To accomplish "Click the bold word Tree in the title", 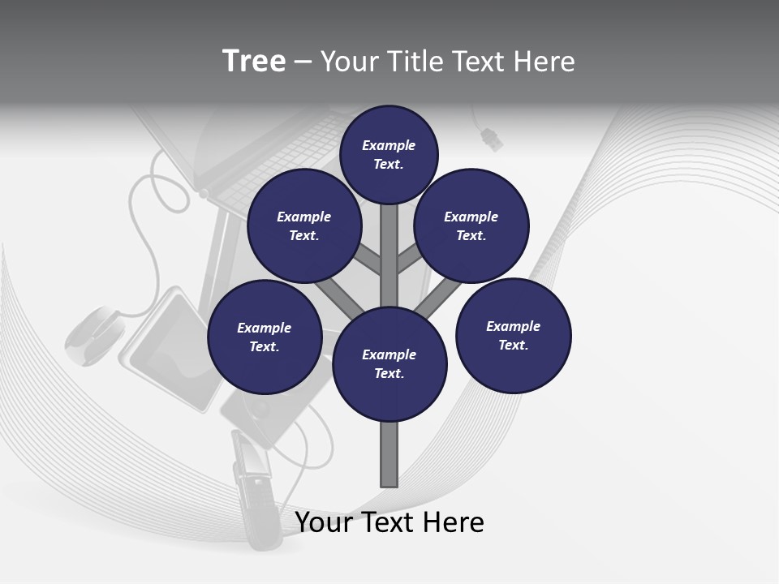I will click(x=254, y=62).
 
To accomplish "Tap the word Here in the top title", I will click(x=544, y=62).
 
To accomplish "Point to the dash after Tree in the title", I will click(x=303, y=62).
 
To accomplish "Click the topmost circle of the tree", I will click(x=389, y=154).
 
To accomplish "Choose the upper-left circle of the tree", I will click(x=304, y=225).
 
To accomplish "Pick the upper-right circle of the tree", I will click(x=471, y=225).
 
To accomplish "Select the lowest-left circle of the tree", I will click(x=265, y=337).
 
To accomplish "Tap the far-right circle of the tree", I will click(x=513, y=335).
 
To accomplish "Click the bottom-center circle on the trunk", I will click(x=389, y=364).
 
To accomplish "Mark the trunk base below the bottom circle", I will click(x=389, y=454).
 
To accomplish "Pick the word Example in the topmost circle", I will click(x=389, y=146).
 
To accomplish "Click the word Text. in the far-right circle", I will click(x=513, y=345).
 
